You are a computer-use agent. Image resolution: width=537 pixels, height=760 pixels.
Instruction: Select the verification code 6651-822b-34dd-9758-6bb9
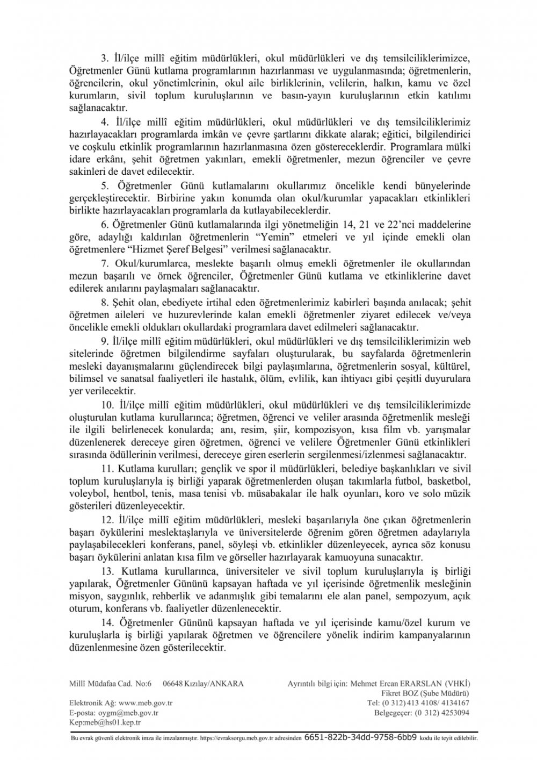pos(360,739)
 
